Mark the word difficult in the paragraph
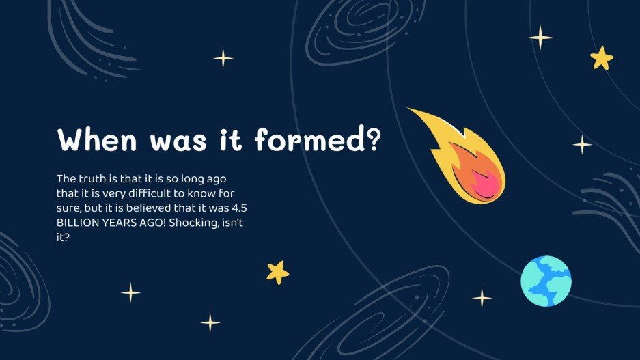tap(154, 193)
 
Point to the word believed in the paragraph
tap(163, 208)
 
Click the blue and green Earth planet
tap(546, 281)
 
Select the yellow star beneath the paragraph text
tap(277, 272)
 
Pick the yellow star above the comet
tap(602, 58)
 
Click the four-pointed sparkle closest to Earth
tap(482, 298)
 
